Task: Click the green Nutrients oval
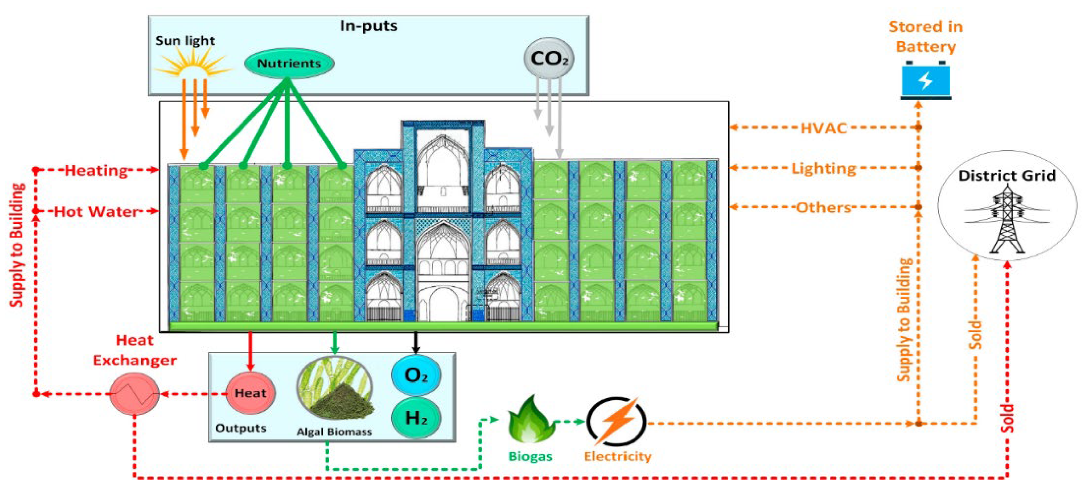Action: (289, 63)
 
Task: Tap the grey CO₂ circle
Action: (549, 58)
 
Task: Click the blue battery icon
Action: (926, 80)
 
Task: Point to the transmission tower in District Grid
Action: (1007, 219)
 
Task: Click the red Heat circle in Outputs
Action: (250, 393)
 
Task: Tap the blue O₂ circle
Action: (416, 375)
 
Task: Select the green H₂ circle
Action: (416, 417)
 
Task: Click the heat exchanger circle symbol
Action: (134, 394)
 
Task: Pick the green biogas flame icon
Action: (530, 420)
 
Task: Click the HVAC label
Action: (823, 128)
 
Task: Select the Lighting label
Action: (823, 168)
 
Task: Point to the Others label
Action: (823, 208)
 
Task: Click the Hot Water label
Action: (96, 212)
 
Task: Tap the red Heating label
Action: (96, 170)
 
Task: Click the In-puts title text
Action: (368, 26)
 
